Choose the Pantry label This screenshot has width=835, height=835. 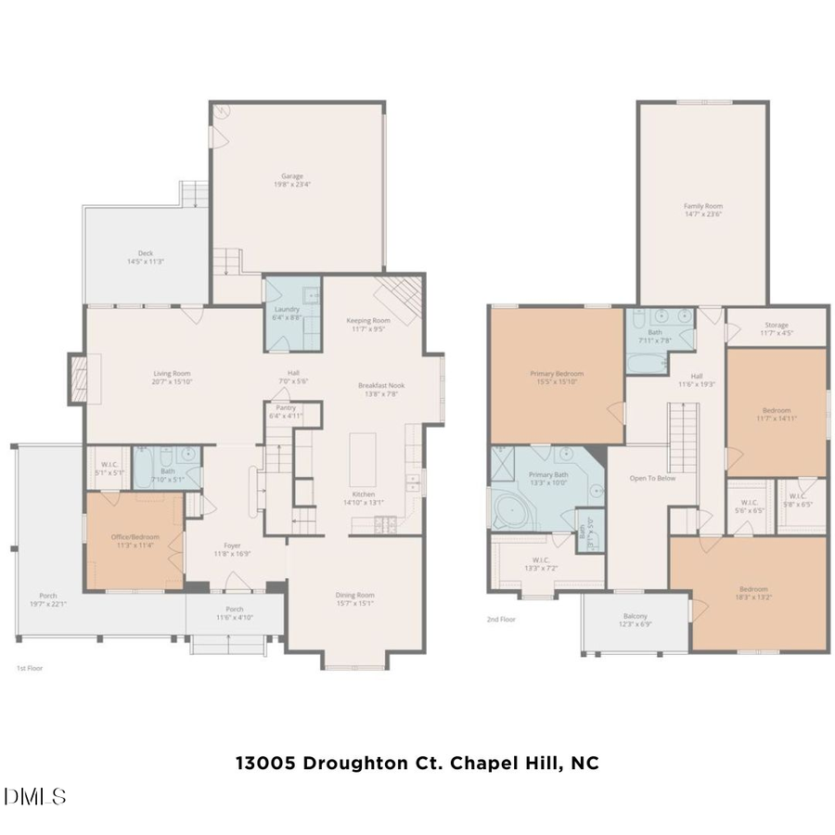(x=287, y=411)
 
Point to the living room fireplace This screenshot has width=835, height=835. (x=79, y=379)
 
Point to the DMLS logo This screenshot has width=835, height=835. (x=35, y=796)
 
